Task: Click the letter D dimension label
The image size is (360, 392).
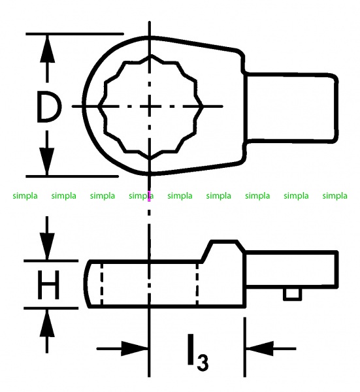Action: [49, 106]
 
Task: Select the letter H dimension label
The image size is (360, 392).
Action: [48, 284]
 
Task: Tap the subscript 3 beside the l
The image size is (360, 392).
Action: [202, 362]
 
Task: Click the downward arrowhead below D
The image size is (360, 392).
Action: [47, 161]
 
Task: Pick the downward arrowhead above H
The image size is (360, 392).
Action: [47, 246]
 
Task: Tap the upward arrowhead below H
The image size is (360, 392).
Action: [47, 323]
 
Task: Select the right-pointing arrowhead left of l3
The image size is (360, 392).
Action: [135, 348]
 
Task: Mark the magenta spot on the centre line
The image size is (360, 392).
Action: [149, 196]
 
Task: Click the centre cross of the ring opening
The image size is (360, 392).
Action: [149, 106]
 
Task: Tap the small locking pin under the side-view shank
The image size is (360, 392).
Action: [292, 294]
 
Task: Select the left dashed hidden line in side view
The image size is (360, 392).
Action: [101, 284]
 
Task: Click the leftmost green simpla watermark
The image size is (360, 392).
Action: [25, 195]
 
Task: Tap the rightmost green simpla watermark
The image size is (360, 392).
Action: [335, 195]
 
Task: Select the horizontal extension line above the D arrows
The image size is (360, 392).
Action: [74, 33]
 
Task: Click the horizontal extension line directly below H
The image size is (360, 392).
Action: [51, 308]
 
